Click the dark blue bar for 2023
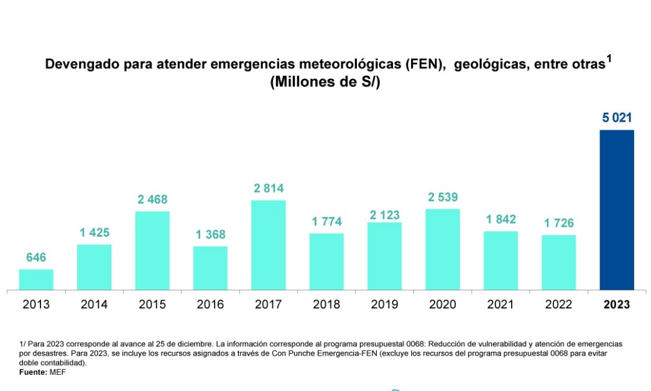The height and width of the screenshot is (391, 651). click(616, 210)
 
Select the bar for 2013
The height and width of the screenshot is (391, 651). click(36, 280)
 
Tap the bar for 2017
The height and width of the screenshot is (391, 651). click(268, 245)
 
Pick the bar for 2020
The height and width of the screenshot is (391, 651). click(442, 249)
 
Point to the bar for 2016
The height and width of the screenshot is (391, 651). click(210, 268)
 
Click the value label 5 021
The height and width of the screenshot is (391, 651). click(617, 117)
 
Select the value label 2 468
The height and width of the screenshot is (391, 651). click(152, 200)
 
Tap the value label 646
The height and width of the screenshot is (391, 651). click(36, 257)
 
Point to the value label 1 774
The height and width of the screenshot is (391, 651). click(326, 222)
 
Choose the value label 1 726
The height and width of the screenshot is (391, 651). click(558, 223)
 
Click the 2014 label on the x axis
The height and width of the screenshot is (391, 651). click(94, 305)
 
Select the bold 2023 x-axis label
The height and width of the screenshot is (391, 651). click(616, 305)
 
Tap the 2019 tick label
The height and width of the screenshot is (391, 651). click(384, 305)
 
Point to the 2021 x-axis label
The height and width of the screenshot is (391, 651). click(501, 305)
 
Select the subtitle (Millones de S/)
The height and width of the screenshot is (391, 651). click(325, 83)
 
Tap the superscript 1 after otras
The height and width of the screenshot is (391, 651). click(609, 59)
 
